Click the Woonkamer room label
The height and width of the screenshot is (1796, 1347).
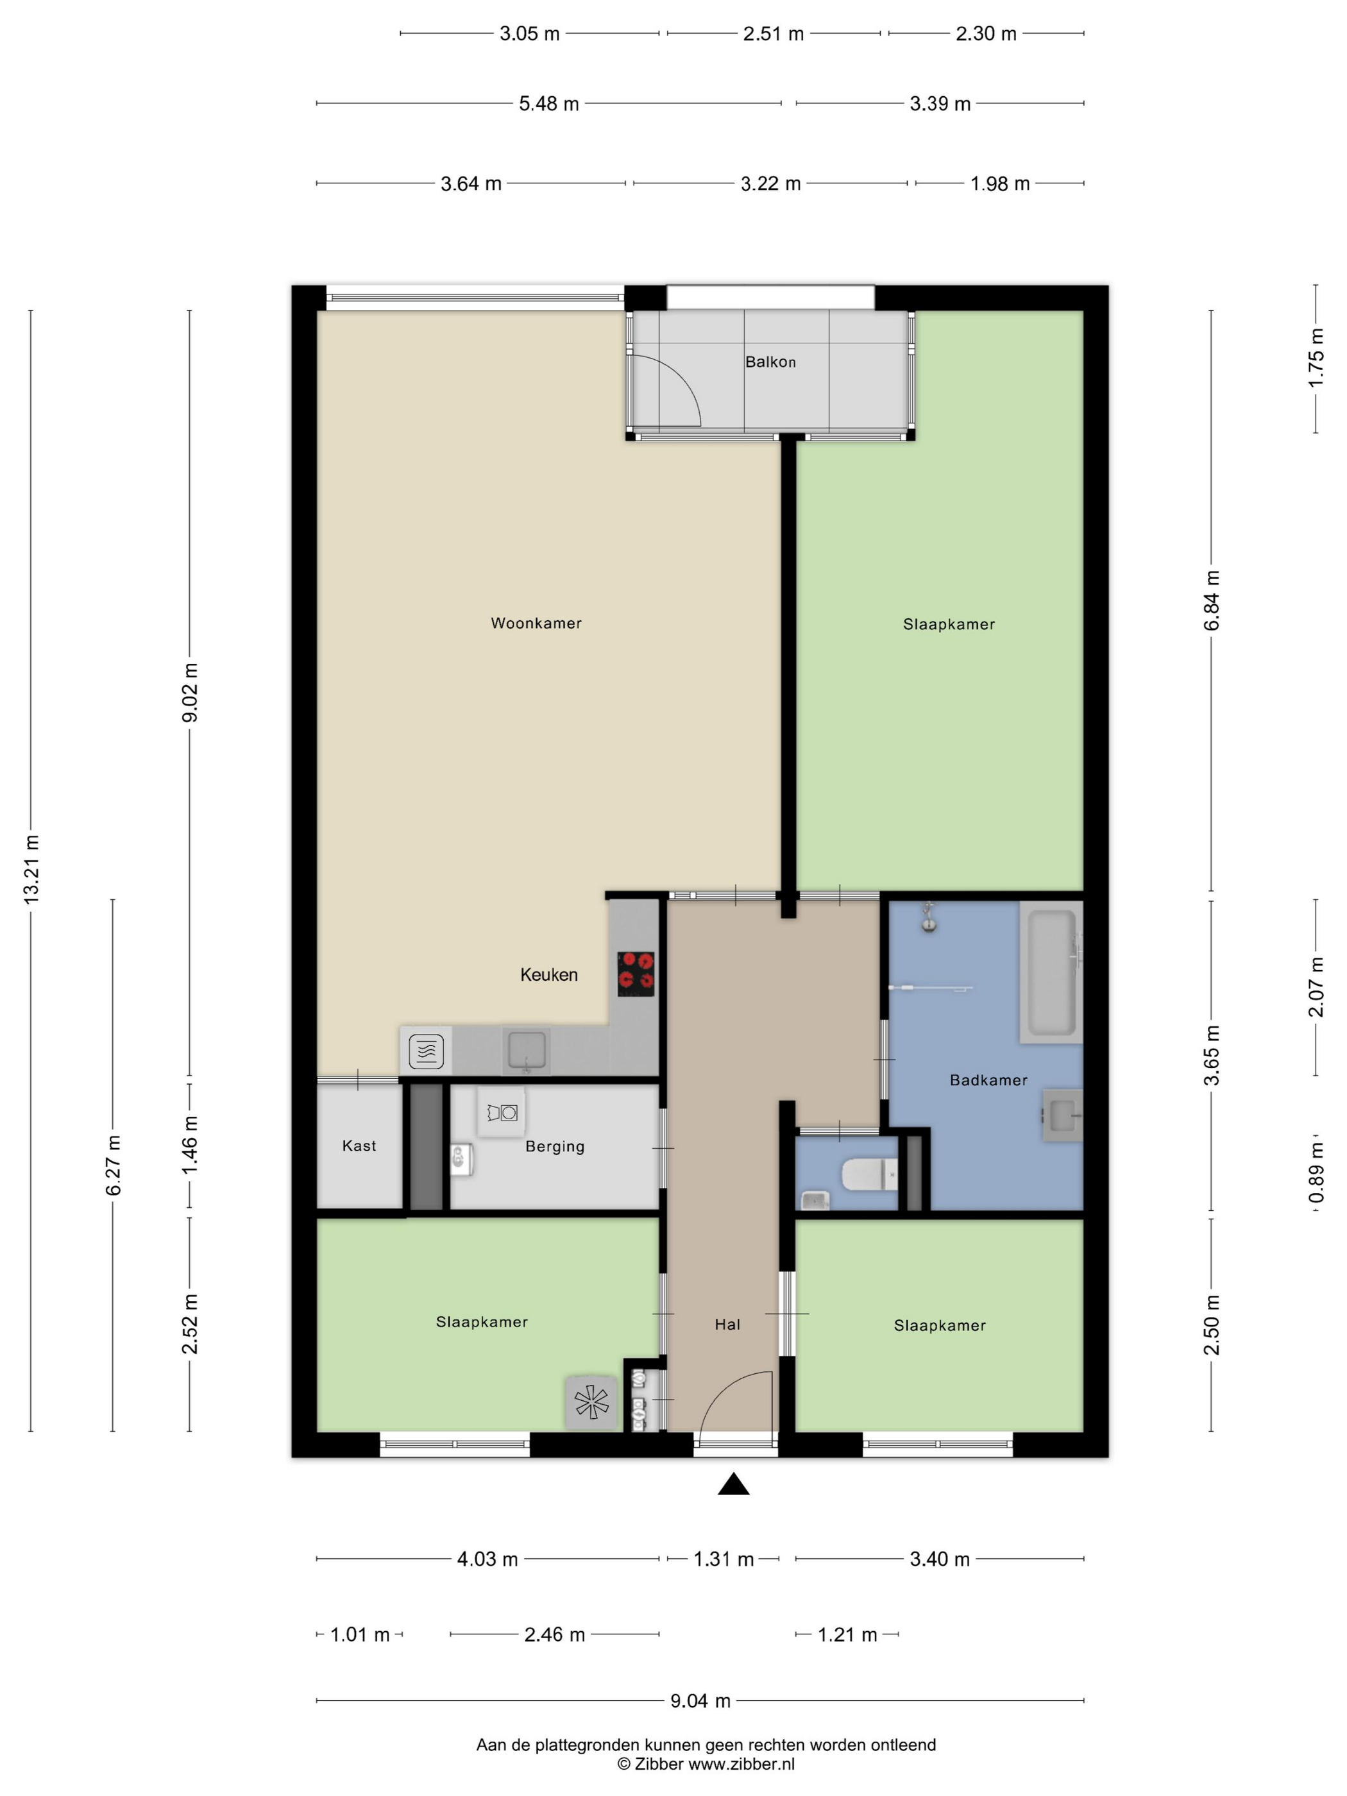536,623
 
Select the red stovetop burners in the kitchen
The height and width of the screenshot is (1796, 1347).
636,974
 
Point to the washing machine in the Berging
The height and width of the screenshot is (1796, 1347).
502,1112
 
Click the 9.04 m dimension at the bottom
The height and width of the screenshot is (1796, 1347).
700,1700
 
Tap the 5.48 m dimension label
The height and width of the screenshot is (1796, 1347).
549,104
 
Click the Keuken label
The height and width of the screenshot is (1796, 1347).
549,974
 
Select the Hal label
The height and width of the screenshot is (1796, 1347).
727,1325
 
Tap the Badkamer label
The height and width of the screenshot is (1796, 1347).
988,1080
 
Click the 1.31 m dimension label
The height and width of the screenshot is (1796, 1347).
724,1559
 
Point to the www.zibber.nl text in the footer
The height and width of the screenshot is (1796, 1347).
741,1763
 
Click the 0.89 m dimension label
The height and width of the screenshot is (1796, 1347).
1316,1173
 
